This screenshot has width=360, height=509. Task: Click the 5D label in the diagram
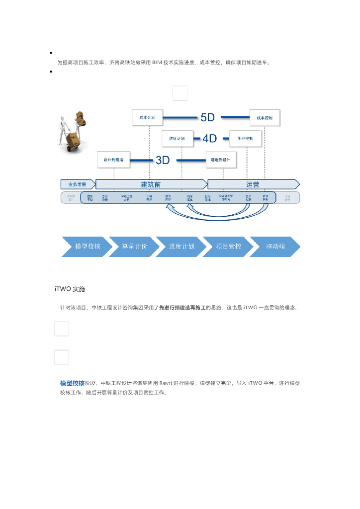[207, 117]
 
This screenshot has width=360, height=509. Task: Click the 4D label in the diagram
[209, 139]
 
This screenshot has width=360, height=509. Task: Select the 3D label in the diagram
[163, 160]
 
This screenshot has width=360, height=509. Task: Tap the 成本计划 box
[147, 118]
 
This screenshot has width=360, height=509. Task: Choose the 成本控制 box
[265, 118]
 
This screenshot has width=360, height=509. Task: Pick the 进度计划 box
[177, 139]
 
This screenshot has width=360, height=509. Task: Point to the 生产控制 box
[245, 139]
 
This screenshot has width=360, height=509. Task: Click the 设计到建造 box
[113, 160]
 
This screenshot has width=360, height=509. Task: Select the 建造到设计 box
[221, 160]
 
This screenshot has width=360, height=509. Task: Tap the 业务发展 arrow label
[77, 184]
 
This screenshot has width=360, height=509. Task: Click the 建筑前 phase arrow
[151, 184]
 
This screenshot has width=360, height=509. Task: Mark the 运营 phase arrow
[253, 184]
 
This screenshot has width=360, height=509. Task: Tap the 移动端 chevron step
[275, 247]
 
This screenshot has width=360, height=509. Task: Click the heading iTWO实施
[70, 289]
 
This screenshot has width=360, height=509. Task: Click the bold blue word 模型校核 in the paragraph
[72, 383]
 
